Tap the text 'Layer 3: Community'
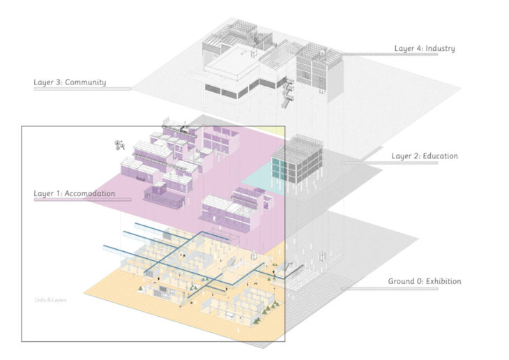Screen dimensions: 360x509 pyautogui.click(x=70, y=82)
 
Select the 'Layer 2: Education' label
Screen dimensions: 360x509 pyautogui.click(x=424, y=156)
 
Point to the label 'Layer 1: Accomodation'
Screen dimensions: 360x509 pyautogui.click(x=75, y=193)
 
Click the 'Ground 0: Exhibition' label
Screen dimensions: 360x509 pyautogui.click(x=424, y=282)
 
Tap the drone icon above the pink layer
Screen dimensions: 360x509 pyautogui.click(x=119, y=145)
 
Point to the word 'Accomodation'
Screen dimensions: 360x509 pyautogui.click(x=89, y=193)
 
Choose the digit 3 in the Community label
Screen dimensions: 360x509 pyautogui.click(x=59, y=82)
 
